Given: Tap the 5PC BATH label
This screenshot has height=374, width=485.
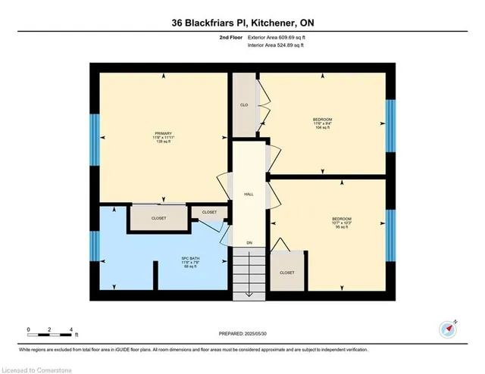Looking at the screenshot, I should pyautogui.click(x=179, y=261).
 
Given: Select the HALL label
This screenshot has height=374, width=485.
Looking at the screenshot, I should pyautogui.click(x=249, y=194).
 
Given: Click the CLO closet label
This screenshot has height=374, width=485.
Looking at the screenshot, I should pyautogui.click(x=245, y=105).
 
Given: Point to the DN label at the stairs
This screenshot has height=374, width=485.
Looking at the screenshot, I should pyautogui.click(x=249, y=242).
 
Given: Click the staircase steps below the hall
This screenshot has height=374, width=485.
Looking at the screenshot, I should pyautogui.click(x=249, y=276).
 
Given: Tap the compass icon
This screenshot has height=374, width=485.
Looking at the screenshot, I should pyautogui.click(x=447, y=329).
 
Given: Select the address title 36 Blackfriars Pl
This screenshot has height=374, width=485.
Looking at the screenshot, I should pyautogui.click(x=242, y=24).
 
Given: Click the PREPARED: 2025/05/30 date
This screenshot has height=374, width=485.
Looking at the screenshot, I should pyautogui.click(x=242, y=334).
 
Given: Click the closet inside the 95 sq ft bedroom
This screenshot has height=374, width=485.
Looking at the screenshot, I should pyautogui.click(x=287, y=271).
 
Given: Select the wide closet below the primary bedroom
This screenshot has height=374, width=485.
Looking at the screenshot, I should pyautogui.click(x=158, y=217).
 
